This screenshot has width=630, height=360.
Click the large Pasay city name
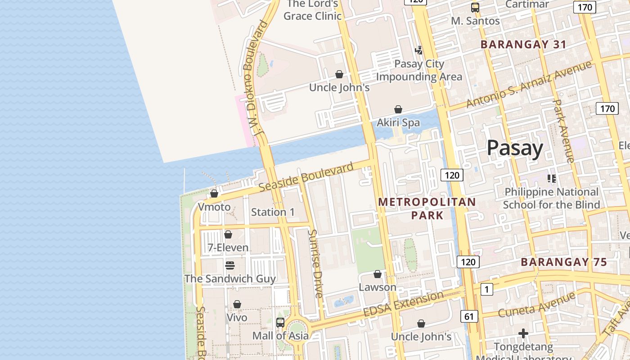pyautogui.click(x=515, y=148)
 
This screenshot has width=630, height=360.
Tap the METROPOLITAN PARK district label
pyautogui.click(x=427, y=208)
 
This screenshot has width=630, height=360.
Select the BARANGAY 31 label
pyautogui.click(x=523, y=45)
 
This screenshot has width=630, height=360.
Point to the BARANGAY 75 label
pyautogui.click(x=564, y=262)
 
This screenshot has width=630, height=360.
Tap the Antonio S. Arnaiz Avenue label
pyautogui.click(x=529, y=84)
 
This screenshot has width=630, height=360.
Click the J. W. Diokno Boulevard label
pyautogui.click(x=255, y=79)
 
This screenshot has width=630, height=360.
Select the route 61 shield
pyautogui.click(x=469, y=317)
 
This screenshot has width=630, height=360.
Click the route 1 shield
pyautogui.click(x=486, y=289)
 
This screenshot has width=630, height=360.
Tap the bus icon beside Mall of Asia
pyautogui.click(x=280, y=322)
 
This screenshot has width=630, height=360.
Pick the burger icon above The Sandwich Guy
pyautogui.click(x=230, y=265)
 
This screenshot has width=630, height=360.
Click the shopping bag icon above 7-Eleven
pyautogui.click(x=228, y=234)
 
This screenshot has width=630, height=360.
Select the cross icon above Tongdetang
pyautogui.click(x=523, y=333)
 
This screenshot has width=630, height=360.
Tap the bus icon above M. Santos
pyautogui.click(x=475, y=7)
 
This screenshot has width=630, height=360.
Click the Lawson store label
pyautogui.click(x=378, y=287)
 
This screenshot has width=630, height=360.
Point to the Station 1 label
pyautogui.click(x=273, y=212)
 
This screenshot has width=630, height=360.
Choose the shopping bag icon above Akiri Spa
pyautogui.click(x=398, y=109)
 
